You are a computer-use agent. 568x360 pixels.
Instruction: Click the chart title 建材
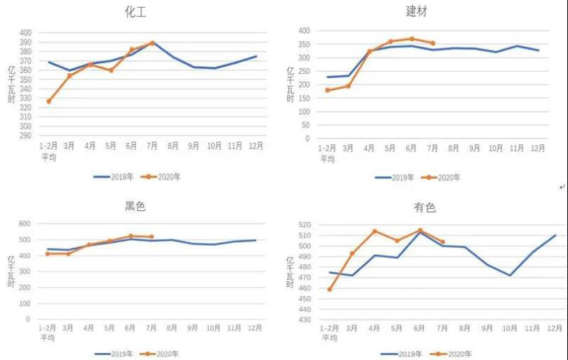[416, 11]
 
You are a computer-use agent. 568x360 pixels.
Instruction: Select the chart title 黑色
[135, 207]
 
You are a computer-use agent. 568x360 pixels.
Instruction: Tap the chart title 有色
[425, 207]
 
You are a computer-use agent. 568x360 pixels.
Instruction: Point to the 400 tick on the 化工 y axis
[26, 33]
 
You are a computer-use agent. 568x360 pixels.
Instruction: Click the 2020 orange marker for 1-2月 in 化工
[49, 102]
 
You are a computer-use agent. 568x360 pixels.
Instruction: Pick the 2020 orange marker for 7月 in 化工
[152, 43]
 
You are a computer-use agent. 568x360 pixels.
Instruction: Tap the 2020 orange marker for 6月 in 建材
[411, 39]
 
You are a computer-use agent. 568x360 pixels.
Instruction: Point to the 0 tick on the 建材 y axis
[305, 138]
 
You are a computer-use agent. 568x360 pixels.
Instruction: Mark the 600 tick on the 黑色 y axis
[24, 224]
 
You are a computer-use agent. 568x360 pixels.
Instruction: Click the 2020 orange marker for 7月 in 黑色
[151, 236]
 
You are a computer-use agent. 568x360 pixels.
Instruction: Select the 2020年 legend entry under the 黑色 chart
[168, 353]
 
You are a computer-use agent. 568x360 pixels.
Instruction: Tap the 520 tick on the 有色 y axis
[305, 225]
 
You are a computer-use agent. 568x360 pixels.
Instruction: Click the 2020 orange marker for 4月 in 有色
[374, 231]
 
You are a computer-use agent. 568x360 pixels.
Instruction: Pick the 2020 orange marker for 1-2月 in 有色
[329, 289]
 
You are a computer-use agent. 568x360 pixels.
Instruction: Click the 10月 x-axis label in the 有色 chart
[510, 329]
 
